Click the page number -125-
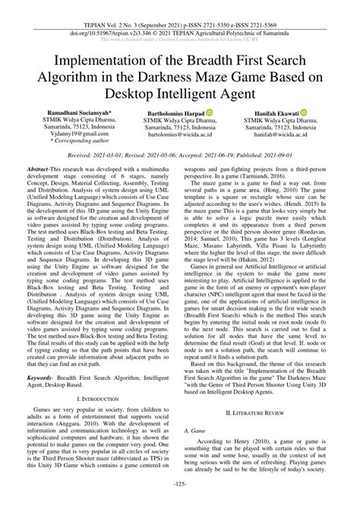click(x=179, y=504)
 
